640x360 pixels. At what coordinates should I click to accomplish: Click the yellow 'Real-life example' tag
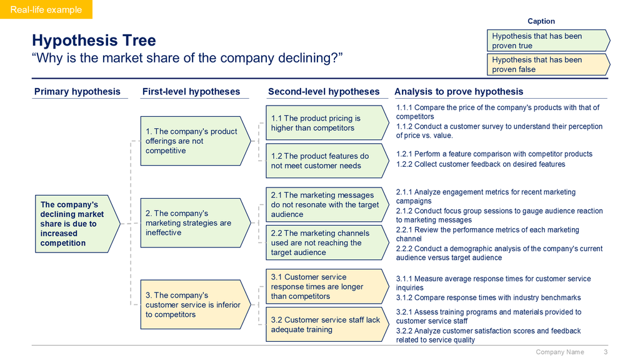[46, 9]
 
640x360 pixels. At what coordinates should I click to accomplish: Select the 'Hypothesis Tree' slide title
[94, 41]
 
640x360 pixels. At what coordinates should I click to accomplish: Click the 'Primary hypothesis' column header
[77, 91]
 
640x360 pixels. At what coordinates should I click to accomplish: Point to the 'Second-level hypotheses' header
[324, 91]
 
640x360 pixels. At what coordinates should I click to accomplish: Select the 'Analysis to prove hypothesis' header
[459, 91]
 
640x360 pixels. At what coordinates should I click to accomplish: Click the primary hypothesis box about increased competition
[77, 224]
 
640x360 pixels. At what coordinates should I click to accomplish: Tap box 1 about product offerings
[196, 141]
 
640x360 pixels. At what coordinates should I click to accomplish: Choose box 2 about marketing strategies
[196, 223]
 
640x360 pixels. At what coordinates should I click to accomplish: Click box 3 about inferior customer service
[196, 304]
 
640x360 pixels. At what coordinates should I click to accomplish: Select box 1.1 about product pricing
[327, 123]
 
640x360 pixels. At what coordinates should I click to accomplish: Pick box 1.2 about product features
[327, 161]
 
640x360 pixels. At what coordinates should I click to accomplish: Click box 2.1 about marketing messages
[327, 204]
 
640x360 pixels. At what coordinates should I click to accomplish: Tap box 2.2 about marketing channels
[327, 242]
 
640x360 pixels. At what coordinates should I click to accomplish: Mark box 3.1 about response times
[327, 286]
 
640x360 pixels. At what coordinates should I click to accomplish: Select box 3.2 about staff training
[327, 324]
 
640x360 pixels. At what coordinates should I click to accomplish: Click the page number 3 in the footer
[606, 352]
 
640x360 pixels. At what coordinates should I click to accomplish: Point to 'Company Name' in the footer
[559, 352]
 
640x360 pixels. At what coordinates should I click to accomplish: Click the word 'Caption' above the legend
[541, 21]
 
